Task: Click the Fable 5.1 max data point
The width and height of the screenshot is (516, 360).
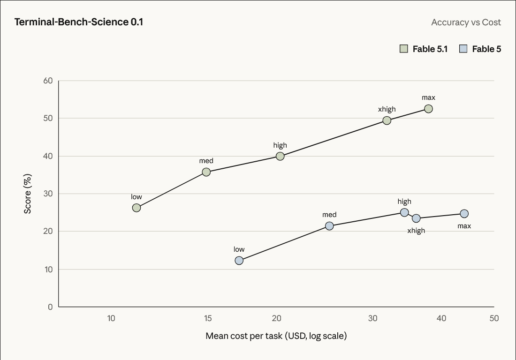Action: tap(428, 109)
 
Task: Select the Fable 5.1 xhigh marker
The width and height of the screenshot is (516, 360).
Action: tap(387, 120)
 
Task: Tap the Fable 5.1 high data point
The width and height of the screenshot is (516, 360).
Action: tap(280, 156)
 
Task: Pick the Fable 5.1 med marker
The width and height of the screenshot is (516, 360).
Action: tap(206, 172)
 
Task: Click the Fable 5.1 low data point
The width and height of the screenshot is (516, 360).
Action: tap(136, 208)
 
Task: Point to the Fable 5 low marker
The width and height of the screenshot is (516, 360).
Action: tap(239, 260)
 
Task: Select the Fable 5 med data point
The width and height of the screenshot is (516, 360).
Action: tap(329, 226)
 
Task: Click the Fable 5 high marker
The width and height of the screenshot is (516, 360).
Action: tap(404, 212)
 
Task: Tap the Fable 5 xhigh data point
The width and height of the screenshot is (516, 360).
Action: tap(416, 218)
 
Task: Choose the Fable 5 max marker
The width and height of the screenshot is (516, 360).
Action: tap(464, 214)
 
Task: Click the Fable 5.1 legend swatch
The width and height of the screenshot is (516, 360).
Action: tap(404, 49)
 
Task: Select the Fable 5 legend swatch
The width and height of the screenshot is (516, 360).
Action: tap(463, 49)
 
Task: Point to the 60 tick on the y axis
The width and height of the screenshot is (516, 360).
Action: tap(48, 81)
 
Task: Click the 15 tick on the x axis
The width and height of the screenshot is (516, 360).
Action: tap(208, 318)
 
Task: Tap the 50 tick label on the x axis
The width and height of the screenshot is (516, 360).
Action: tap(494, 318)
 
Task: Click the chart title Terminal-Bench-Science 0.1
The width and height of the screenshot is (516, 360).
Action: tap(79, 22)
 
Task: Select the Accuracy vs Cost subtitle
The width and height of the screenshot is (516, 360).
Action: tap(466, 22)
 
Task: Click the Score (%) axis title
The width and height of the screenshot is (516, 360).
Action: tap(28, 194)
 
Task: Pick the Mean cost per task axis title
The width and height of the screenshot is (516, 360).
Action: tap(276, 336)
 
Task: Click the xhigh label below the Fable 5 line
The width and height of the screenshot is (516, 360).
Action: tap(416, 231)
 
